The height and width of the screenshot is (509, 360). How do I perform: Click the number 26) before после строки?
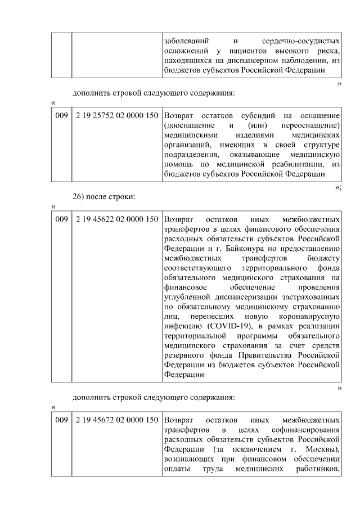click(78, 197)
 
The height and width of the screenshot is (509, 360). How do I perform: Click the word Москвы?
click(322, 448)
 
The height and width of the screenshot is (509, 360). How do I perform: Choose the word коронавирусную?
click(306, 316)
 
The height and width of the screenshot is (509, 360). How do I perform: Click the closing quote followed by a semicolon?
click(337, 187)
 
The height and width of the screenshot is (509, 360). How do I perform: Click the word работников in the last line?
click(318, 468)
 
